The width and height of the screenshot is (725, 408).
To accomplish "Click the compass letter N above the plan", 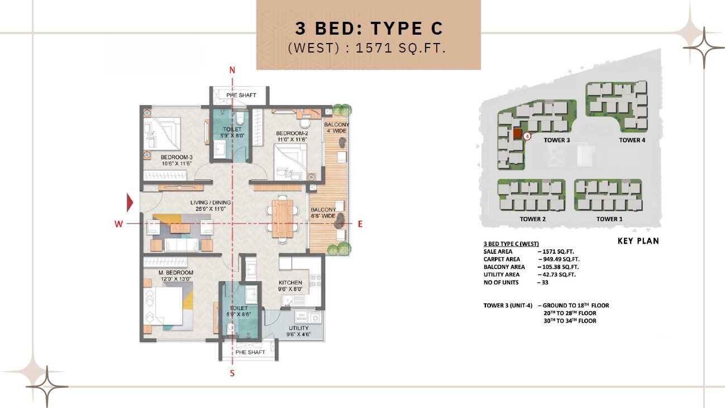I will tap(233, 70).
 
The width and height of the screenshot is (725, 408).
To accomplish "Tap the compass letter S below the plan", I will tap(232, 373).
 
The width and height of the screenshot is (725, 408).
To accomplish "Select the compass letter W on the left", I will tap(118, 224).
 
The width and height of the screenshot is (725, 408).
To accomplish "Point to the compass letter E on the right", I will tap(360, 224).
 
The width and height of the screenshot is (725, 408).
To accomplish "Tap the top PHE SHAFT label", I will tap(241, 95).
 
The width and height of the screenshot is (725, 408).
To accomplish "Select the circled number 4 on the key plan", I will tap(527, 135).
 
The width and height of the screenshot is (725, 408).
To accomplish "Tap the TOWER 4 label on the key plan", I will tap(632, 140).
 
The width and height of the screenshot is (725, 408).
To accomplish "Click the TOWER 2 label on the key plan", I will tap(532, 219).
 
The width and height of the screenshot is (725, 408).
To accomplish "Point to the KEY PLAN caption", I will tap(638, 241).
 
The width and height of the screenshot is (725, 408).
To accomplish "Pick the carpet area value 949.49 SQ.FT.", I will tap(558, 259).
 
